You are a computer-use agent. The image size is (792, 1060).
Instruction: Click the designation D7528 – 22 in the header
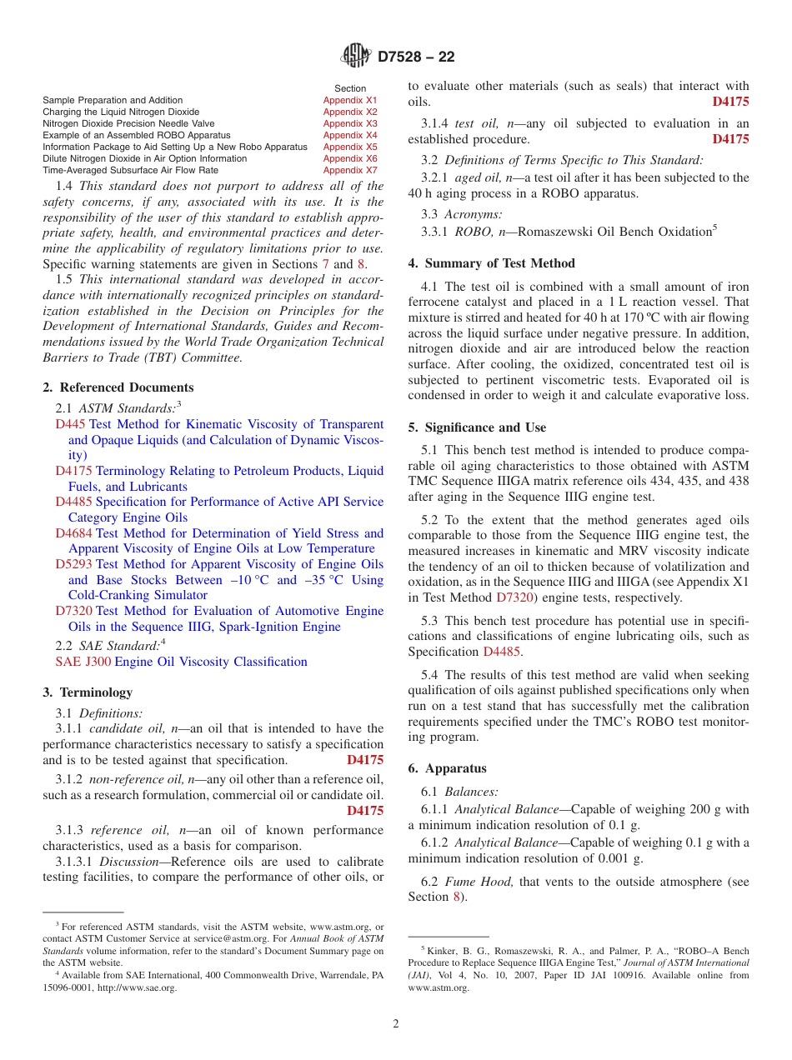click(416, 57)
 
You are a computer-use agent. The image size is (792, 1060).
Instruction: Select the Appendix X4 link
click(350, 135)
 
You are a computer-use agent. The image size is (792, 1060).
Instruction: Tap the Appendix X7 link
click(350, 170)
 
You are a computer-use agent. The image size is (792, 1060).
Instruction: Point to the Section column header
click(350, 88)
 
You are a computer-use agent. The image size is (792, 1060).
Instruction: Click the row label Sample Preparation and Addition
click(113, 100)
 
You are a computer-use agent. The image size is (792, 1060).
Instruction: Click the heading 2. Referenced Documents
click(118, 387)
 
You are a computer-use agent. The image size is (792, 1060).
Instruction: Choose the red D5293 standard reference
click(73, 564)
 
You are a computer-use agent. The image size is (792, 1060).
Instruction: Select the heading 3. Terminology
click(87, 692)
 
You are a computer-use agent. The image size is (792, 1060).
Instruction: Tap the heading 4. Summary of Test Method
click(491, 263)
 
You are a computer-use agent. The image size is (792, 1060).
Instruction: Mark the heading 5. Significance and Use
click(477, 427)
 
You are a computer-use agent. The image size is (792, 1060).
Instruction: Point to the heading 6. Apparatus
click(447, 768)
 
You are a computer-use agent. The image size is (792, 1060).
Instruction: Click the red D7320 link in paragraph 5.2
click(514, 597)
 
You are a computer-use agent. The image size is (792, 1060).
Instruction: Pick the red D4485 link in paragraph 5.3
click(501, 652)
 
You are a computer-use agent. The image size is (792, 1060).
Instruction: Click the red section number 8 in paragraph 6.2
click(456, 897)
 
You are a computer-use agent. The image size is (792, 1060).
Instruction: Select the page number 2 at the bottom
click(396, 1024)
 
